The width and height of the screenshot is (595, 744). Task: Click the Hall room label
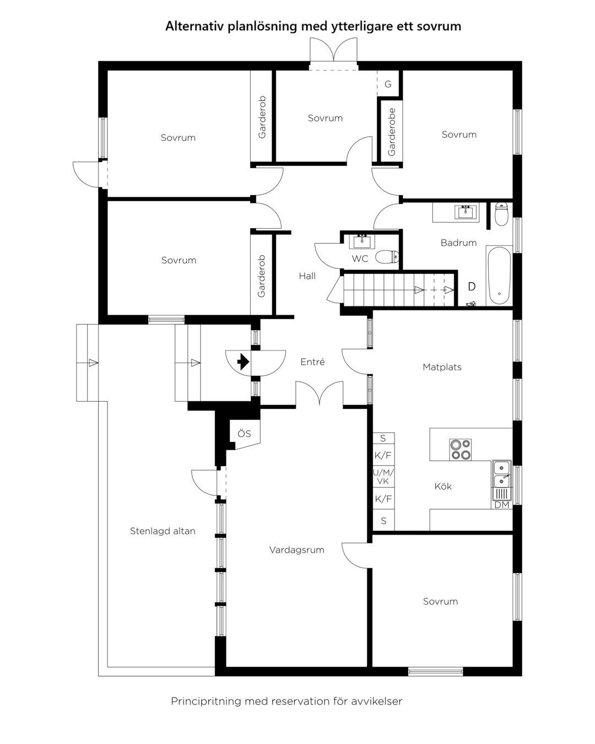[x=307, y=276]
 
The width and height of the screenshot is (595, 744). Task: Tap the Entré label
[x=312, y=362]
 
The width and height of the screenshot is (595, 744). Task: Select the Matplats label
[x=442, y=367]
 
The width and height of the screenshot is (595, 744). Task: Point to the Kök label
[x=443, y=486]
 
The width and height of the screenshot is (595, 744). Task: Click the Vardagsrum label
[x=296, y=549]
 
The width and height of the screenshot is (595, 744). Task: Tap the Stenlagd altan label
[x=163, y=531]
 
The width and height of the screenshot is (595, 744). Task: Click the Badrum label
[x=458, y=242]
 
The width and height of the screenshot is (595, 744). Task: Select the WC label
[x=360, y=258]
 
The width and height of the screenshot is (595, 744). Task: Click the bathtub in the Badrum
[x=499, y=276]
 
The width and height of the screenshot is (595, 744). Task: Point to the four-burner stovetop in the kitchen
[x=460, y=450]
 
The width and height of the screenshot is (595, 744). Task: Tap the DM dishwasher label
[x=502, y=505]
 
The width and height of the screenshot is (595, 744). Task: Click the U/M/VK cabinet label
[x=383, y=476]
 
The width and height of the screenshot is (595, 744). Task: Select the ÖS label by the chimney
[x=244, y=434]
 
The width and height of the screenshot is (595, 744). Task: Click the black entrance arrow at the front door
[x=244, y=362]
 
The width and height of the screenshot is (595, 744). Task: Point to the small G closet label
[x=388, y=84]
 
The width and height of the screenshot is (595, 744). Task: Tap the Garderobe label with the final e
[x=391, y=132]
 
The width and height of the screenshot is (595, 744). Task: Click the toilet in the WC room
[x=387, y=256]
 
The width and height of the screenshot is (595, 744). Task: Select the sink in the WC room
[x=362, y=241]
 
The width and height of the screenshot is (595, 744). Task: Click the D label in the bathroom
[x=472, y=286]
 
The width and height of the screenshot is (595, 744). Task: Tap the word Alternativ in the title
[x=194, y=26]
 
